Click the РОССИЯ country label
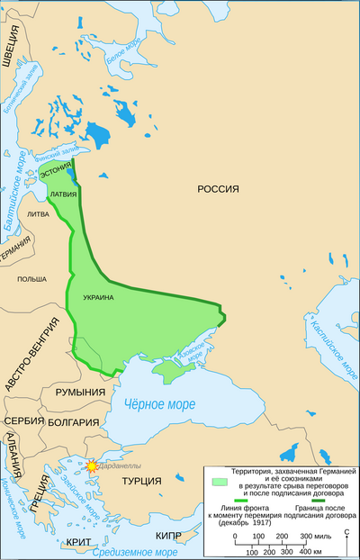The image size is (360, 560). point(218,188)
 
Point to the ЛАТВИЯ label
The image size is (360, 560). point(64,194)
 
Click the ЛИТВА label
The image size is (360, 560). point(39,214)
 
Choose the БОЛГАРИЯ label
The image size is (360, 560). point(75,421)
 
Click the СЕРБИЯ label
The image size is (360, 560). point(23,420)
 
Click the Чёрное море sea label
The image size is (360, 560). point(157,404)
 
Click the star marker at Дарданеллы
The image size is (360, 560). point(91,466)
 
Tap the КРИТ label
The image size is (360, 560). point(77,543)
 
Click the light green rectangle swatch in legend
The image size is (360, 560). point(218,483)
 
